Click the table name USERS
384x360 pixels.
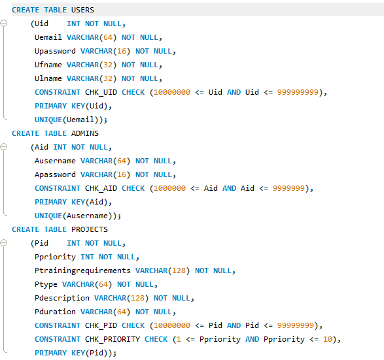pyautogui.click(x=82, y=10)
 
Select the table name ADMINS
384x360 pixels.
pyautogui.click(x=85, y=133)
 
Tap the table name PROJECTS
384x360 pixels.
pyautogui.click(x=90, y=229)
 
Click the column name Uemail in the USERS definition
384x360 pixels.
pyautogui.click(x=48, y=37)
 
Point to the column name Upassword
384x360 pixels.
pyautogui.click(x=55, y=51)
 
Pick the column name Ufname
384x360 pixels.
pyautogui.click(x=48, y=65)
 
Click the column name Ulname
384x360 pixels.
pyautogui.click(x=48, y=78)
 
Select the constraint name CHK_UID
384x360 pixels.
pyautogui.click(x=101, y=92)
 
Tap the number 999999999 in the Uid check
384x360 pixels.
pyautogui.click(x=298, y=92)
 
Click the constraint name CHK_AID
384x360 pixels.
pyautogui.click(x=101, y=188)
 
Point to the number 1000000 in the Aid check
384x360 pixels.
pyautogui.click(x=169, y=188)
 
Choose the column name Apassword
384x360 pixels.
pyautogui.click(x=55, y=174)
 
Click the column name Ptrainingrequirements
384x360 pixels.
pyautogui.click(x=82, y=270)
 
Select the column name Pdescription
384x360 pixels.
pyautogui.click(x=62, y=298)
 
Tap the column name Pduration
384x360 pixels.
pyautogui.click(x=55, y=312)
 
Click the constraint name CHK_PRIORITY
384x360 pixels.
pyautogui.click(x=113, y=339)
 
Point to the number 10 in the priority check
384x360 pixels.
pyautogui.click(x=328, y=339)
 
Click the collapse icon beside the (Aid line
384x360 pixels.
pyautogui.click(x=4, y=147)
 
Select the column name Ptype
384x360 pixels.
pyautogui.click(x=46, y=284)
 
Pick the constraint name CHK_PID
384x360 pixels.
pyautogui.click(x=101, y=325)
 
